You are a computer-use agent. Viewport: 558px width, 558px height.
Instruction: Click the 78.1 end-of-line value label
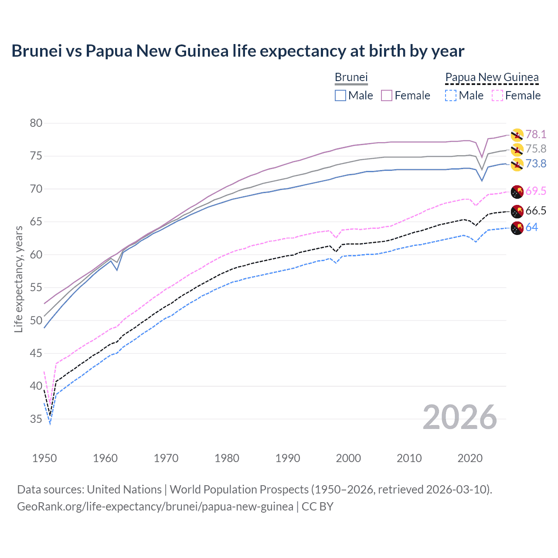tap(536, 134)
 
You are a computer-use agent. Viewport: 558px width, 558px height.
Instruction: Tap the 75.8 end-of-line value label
tap(536, 149)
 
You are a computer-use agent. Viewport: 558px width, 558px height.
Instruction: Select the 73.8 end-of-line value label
tap(536, 163)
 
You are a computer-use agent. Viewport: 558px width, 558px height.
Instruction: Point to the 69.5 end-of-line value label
tap(536, 191)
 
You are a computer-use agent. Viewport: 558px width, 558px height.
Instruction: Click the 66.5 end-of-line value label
tap(536, 211)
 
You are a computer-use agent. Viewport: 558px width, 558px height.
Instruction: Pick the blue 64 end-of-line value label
tap(532, 227)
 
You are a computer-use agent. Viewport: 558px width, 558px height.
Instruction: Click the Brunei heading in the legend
tap(351, 77)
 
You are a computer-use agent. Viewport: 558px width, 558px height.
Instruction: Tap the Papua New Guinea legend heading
tap(492, 77)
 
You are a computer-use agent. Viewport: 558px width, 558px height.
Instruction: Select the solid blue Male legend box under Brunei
tap(340, 95)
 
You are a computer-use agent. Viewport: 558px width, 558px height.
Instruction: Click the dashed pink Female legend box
tap(497, 95)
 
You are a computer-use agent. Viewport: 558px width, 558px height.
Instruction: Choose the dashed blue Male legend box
tap(451, 95)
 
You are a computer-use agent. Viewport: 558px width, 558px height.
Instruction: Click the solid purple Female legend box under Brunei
tap(387, 95)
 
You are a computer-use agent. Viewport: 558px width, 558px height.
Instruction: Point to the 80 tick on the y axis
tap(36, 123)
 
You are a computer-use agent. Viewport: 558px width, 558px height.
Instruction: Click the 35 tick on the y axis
tap(36, 419)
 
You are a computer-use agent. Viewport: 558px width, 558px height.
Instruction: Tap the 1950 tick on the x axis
tap(44, 458)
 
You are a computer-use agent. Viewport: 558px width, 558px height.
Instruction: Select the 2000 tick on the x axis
tap(348, 458)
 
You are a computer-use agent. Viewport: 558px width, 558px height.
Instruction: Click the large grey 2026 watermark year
tap(460, 417)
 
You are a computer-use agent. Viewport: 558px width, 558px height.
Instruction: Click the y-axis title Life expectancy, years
tap(18, 279)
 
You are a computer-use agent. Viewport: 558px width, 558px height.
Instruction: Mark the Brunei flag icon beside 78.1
tap(517, 135)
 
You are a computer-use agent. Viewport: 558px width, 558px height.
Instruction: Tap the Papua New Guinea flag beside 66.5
tap(517, 211)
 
